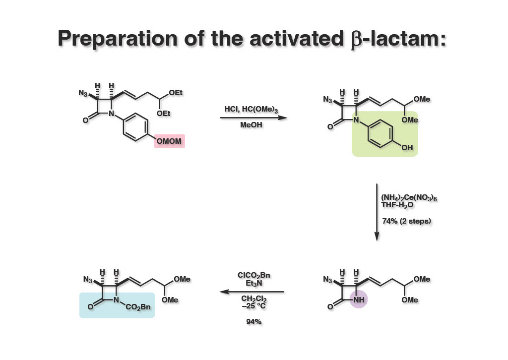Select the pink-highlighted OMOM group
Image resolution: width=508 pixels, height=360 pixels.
click(x=169, y=142)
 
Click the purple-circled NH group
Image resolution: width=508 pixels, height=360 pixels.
click(x=358, y=300)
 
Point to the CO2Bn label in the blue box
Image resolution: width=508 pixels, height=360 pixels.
click(x=138, y=307)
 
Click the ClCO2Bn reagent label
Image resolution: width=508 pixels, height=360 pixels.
click(x=254, y=275)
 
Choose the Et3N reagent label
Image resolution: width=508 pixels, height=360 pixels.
click(x=254, y=284)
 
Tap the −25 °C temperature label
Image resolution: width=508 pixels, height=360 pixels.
click(x=254, y=305)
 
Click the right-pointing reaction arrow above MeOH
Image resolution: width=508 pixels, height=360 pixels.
click(x=254, y=118)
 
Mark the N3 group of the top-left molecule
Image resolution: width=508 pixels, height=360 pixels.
click(x=83, y=93)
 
